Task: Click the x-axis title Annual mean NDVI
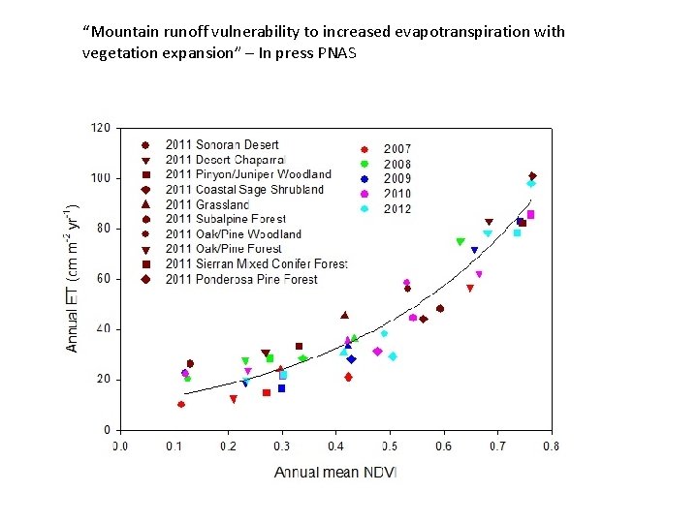click(x=335, y=472)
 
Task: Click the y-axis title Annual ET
click(x=73, y=278)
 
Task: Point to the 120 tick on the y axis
click(x=100, y=127)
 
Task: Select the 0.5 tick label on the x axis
click(x=390, y=446)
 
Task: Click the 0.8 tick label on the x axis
click(x=551, y=446)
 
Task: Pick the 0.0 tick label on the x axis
click(x=119, y=446)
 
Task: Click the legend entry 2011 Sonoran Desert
click(x=222, y=145)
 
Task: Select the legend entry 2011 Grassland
click(x=206, y=204)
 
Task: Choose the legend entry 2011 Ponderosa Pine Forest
click(x=241, y=280)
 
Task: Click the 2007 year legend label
click(x=397, y=149)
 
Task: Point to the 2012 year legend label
click(x=397, y=208)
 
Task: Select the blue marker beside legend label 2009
click(x=365, y=179)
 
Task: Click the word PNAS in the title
click(x=335, y=52)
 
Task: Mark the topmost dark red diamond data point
click(x=532, y=176)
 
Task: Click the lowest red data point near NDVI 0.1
click(x=181, y=404)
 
